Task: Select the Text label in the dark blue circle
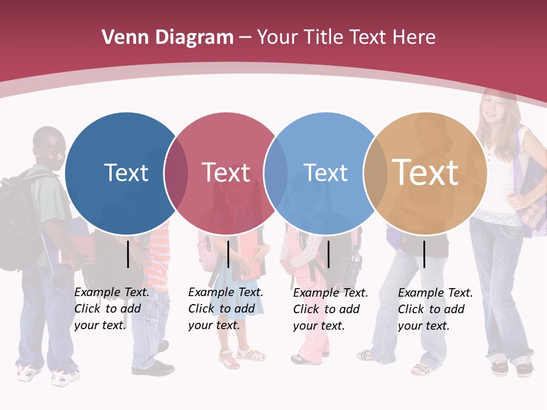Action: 126,173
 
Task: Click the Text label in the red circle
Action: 226,173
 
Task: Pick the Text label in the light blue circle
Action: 325,173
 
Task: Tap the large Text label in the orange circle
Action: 425,173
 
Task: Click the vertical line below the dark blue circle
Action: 128,254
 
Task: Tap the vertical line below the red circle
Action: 228,254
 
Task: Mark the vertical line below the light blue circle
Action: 328,254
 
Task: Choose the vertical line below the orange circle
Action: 424,254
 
